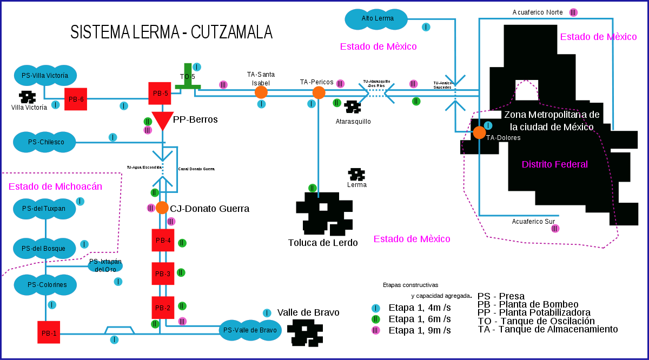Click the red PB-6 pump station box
click(76, 99)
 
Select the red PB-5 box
click(160, 93)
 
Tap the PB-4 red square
click(163, 240)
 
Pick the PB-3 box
click(163, 274)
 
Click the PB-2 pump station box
click(163, 308)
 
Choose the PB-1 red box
click(49, 332)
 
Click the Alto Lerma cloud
click(376, 19)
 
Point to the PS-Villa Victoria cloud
click(45, 75)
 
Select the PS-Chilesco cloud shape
click(44, 142)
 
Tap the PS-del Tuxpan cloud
click(44, 208)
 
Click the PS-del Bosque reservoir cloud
click(44, 248)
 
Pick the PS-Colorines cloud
click(45, 284)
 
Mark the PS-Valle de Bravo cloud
click(250, 330)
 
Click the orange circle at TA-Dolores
click(479, 132)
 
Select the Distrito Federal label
click(554, 164)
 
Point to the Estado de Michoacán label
click(55, 186)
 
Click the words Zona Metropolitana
click(552, 115)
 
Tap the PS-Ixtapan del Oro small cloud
click(105, 265)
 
